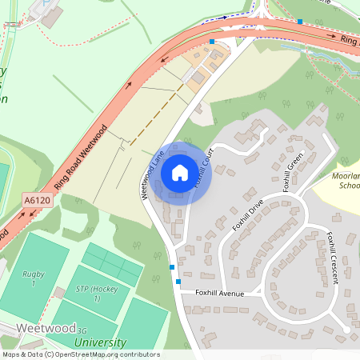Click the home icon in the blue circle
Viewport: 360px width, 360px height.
[x=180, y=172]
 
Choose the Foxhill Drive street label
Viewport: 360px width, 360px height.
[x=248, y=214]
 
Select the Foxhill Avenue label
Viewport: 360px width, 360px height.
[x=219, y=293]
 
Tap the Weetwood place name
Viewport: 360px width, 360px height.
[x=44, y=329]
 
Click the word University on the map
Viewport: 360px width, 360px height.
[x=100, y=343]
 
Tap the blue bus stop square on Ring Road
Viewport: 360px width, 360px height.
[x=212, y=42]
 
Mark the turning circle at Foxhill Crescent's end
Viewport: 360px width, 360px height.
[x=346, y=329]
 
